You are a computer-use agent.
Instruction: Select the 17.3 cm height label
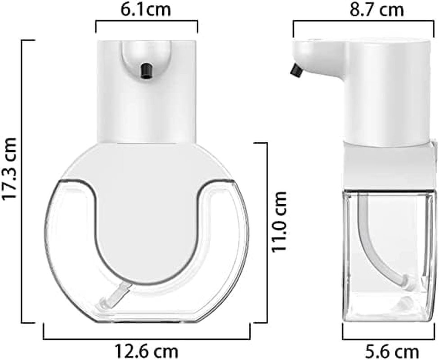(10, 169)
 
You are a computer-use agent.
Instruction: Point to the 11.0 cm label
(279, 221)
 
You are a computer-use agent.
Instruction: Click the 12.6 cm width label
(146, 351)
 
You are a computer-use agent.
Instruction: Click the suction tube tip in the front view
(106, 303)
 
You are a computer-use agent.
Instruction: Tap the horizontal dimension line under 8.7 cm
(364, 21)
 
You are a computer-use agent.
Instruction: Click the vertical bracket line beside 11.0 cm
(266, 232)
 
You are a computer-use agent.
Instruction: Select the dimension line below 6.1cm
(147, 21)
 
